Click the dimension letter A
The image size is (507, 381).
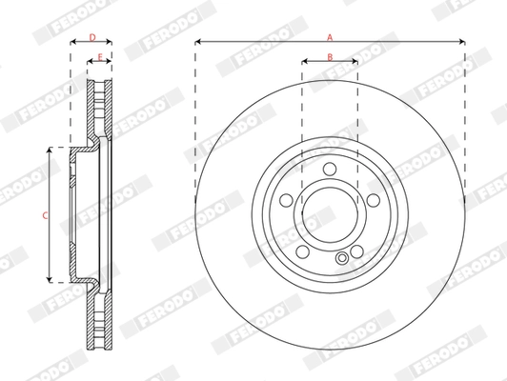(330, 36)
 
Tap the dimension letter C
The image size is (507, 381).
(44, 215)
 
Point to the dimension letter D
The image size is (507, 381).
(91, 37)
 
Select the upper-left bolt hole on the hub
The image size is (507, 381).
(287, 201)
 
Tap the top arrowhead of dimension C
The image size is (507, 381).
(51, 151)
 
